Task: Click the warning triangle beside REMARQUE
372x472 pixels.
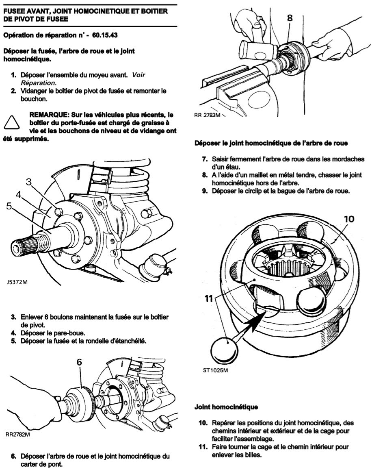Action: [12, 123]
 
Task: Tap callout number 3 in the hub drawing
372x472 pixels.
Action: [28, 182]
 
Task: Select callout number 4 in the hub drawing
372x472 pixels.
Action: [19, 195]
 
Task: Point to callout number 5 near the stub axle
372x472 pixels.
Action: [9, 206]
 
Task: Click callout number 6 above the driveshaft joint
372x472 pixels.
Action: [79, 362]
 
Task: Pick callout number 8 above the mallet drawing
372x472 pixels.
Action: [290, 18]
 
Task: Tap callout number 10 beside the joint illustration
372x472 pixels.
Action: [349, 219]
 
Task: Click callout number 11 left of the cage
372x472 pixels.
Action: [209, 298]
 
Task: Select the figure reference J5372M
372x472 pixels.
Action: [17, 283]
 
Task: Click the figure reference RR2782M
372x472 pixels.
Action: [18, 434]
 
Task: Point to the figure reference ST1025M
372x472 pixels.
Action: [215, 370]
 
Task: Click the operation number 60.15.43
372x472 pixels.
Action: [105, 35]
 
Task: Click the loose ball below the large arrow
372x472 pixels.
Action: [224, 350]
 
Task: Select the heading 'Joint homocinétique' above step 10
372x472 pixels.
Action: [226, 407]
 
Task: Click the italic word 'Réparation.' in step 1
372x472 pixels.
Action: [39, 83]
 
